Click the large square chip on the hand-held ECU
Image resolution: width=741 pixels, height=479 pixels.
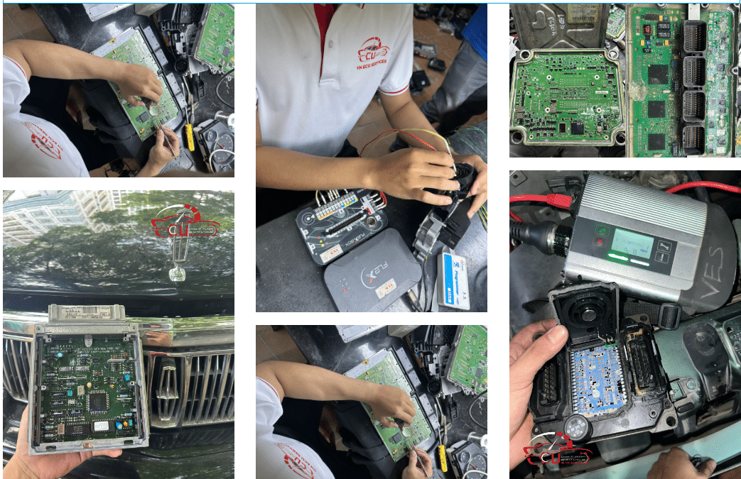[99, 402]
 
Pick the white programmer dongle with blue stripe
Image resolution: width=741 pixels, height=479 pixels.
[454, 280]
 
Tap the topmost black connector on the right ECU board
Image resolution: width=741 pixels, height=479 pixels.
[694, 35]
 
